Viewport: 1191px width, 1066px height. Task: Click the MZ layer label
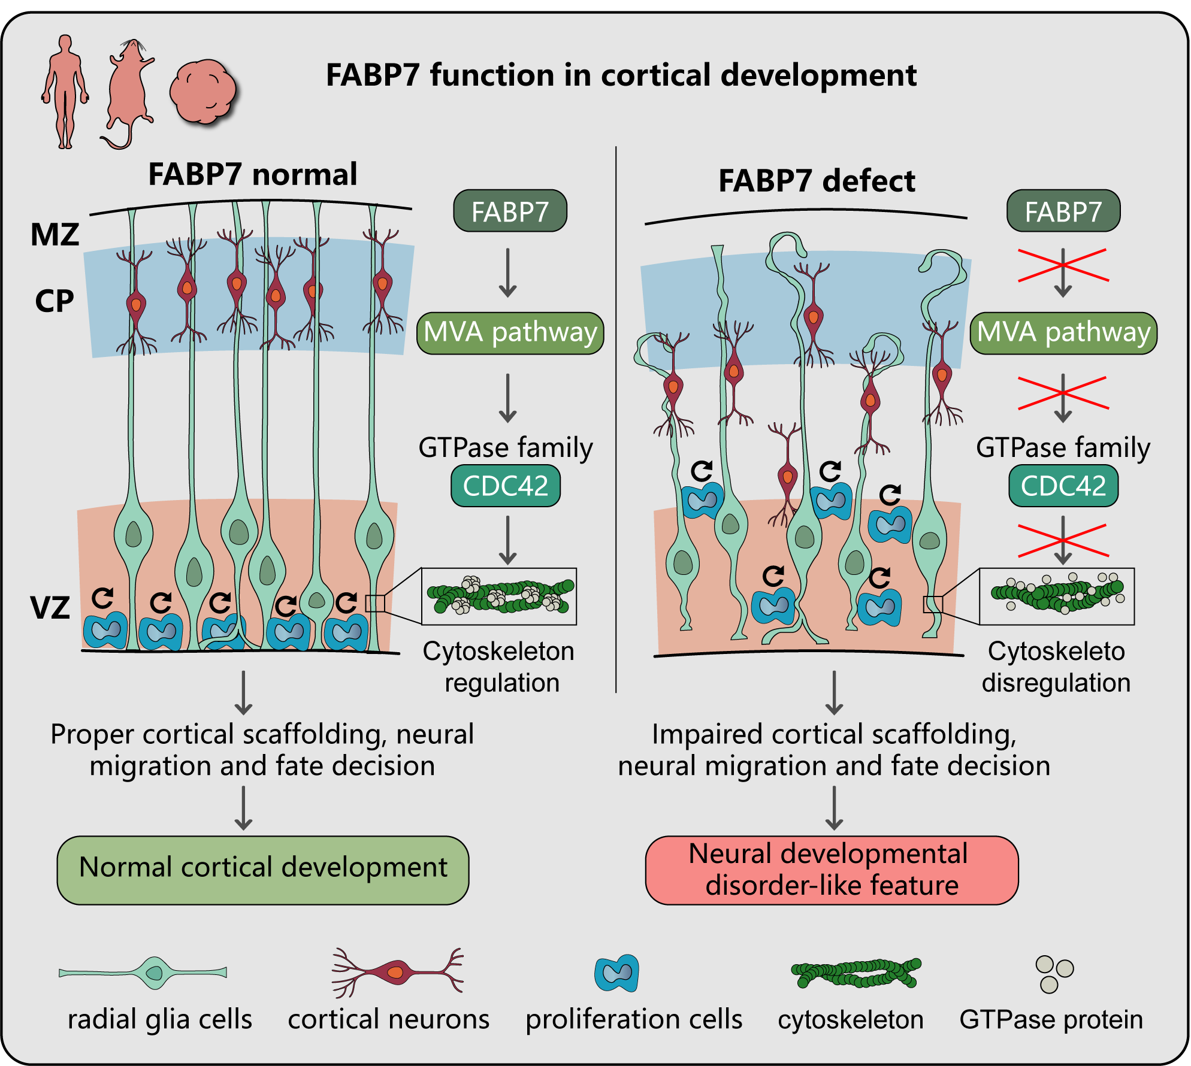(x=55, y=234)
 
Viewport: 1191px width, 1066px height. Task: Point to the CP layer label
(x=55, y=301)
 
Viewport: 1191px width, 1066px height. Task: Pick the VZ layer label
(x=50, y=607)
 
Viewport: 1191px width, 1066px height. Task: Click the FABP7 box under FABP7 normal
(x=510, y=211)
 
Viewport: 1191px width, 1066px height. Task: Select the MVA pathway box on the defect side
(x=1063, y=333)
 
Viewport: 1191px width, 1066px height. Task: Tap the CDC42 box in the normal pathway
(x=506, y=486)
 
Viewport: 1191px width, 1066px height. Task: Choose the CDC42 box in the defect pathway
(x=1063, y=486)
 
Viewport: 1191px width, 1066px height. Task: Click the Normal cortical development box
(x=263, y=870)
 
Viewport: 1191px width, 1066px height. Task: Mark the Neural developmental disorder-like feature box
(x=832, y=870)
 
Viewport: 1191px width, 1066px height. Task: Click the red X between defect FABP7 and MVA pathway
(x=1063, y=265)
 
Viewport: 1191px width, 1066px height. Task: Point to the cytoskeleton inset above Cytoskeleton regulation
(x=500, y=596)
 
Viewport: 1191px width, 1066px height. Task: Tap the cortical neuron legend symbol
(x=397, y=971)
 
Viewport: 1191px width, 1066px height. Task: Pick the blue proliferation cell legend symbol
(x=617, y=973)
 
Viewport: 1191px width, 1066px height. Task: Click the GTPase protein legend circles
(x=1054, y=974)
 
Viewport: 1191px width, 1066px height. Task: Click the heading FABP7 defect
(x=817, y=181)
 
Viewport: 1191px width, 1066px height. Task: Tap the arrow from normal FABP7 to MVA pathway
(x=508, y=272)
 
